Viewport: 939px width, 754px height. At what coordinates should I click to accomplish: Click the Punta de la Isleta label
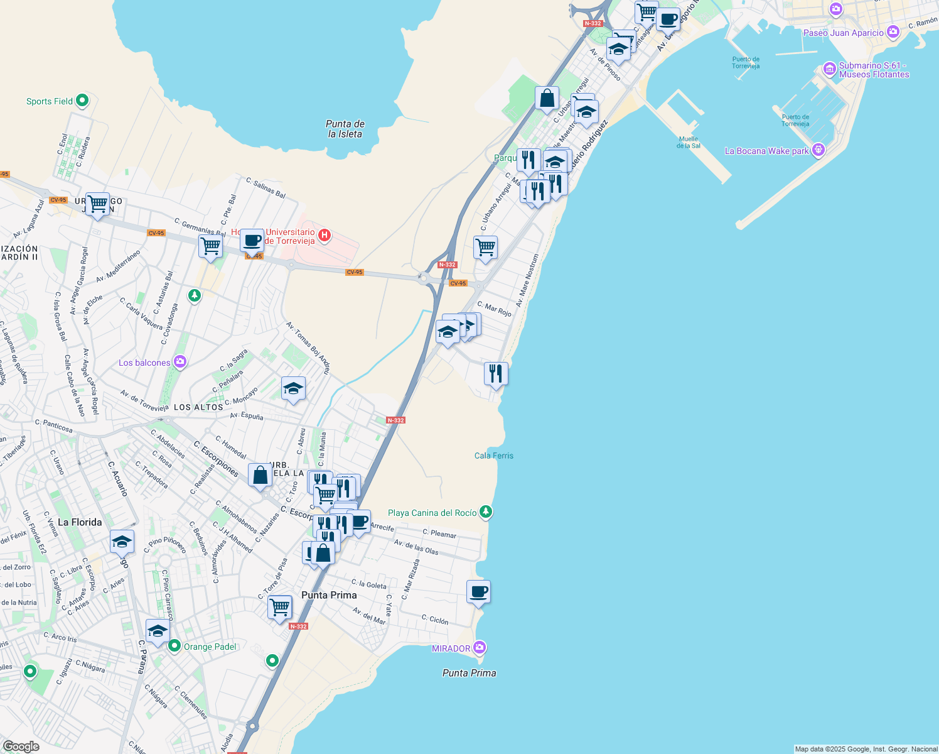point(345,129)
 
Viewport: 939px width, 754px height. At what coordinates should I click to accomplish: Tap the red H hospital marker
point(325,236)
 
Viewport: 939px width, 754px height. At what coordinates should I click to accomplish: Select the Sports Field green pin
point(82,101)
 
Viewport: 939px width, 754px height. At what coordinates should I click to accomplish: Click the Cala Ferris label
point(493,456)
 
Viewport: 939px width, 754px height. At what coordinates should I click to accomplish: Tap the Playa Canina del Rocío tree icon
point(485,512)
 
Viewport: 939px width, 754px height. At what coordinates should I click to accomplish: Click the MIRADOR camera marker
point(480,647)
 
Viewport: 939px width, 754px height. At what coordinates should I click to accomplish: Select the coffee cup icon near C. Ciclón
point(478,592)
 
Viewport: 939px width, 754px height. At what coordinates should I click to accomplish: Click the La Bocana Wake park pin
point(817,150)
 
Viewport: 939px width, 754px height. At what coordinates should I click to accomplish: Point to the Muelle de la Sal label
point(688,142)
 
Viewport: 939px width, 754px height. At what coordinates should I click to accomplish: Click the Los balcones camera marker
point(180,362)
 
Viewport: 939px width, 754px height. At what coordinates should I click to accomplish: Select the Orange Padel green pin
point(174,646)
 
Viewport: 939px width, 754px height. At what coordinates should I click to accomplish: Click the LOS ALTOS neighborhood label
point(198,407)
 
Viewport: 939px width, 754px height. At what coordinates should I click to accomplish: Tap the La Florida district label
point(80,522)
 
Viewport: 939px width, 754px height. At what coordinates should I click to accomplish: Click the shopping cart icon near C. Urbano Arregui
point(485,248)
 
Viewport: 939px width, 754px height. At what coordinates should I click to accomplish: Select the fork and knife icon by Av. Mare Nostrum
point(496,373)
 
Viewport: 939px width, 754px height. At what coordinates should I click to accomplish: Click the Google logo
point(21,746)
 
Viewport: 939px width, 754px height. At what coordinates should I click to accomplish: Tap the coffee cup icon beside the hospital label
point(252,240)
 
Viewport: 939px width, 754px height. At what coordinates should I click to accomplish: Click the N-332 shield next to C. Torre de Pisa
point(298,626)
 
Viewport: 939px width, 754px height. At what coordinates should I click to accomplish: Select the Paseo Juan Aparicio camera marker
point(893,31)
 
